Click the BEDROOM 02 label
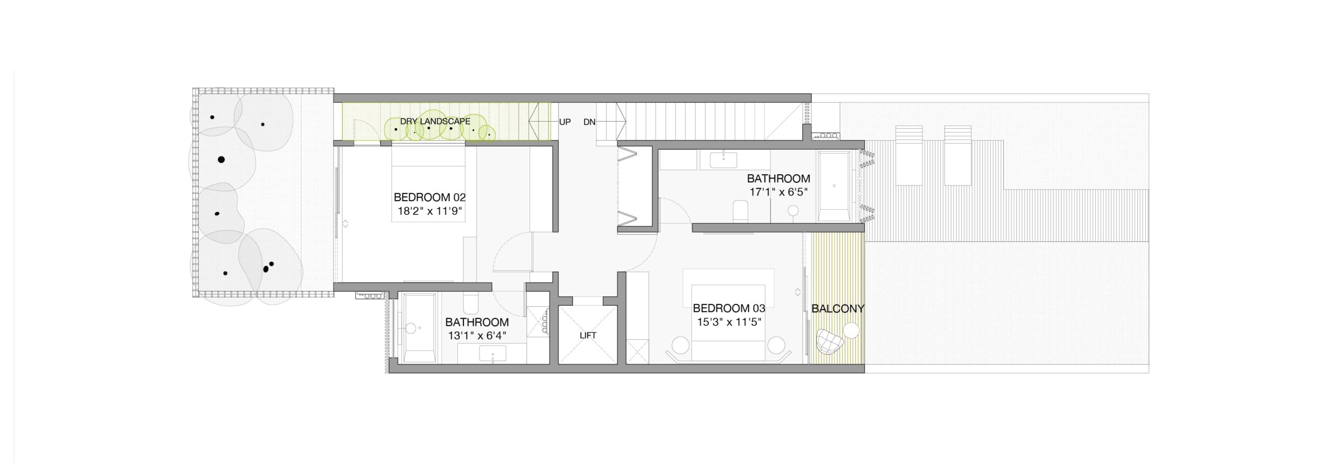point(430,197)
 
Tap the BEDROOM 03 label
point(729,308)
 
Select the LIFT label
point(588,335)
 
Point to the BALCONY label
point(837,309)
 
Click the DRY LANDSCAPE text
point(435,122)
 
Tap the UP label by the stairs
point(565,122)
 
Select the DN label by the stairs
point(589,122)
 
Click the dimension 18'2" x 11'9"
point(430,210)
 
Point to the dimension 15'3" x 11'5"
point(729,322)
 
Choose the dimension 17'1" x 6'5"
point(778,192)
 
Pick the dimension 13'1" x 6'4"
point(477,336)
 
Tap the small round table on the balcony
point(851,330)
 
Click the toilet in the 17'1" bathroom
point(740,211)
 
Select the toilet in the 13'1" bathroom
point(471,304)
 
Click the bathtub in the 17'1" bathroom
point(834,186)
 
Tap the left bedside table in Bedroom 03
point(681,344)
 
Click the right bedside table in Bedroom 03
point(775,344)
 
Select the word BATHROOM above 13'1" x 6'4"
point(477,322)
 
